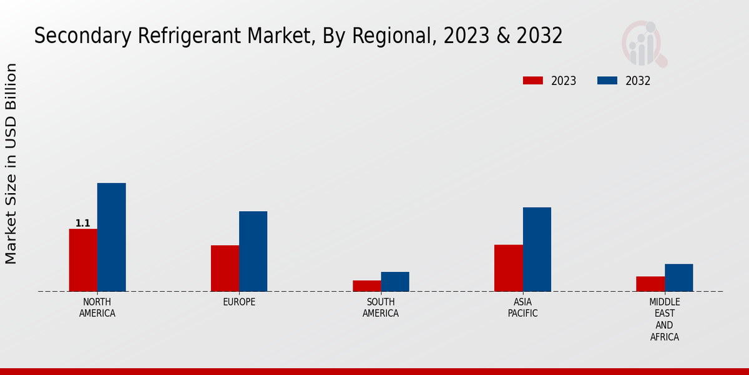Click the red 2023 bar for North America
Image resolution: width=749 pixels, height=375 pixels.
(x=83, y=260)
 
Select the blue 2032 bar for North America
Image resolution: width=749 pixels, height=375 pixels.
(x=111, y=237)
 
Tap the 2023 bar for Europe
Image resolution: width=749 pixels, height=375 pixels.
(x=225, y=268)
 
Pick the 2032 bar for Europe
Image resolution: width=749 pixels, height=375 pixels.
(x=253, y=251)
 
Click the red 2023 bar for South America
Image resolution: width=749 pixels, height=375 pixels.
(x=366, y=286)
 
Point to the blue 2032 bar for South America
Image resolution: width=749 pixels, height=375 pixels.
(x=395, y=281)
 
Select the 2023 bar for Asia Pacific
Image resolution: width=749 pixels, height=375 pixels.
(x=508, y=267)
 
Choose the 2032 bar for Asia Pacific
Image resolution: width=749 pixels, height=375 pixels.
(x=537, y=249)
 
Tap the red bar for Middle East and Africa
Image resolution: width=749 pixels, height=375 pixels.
(x=650, y=284)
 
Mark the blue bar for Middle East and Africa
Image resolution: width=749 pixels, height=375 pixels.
(x=678, y=277)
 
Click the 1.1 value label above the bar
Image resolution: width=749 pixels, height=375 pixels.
(x=83, y=223)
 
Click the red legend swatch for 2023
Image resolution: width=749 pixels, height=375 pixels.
(x=533, y=81)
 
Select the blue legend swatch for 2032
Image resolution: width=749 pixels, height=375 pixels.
(x=607, y=81)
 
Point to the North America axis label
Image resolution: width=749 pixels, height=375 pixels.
(x=97, y=307)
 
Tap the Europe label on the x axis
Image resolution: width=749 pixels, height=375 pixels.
(x=239, y=302)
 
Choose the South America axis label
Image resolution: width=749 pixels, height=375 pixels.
(x=381, y=307)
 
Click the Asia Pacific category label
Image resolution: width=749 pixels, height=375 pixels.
(x=522, y=307)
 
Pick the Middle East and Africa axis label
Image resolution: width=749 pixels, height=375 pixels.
(x=664, y=319)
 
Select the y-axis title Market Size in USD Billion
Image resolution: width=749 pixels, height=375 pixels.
(x=11, y=164)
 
